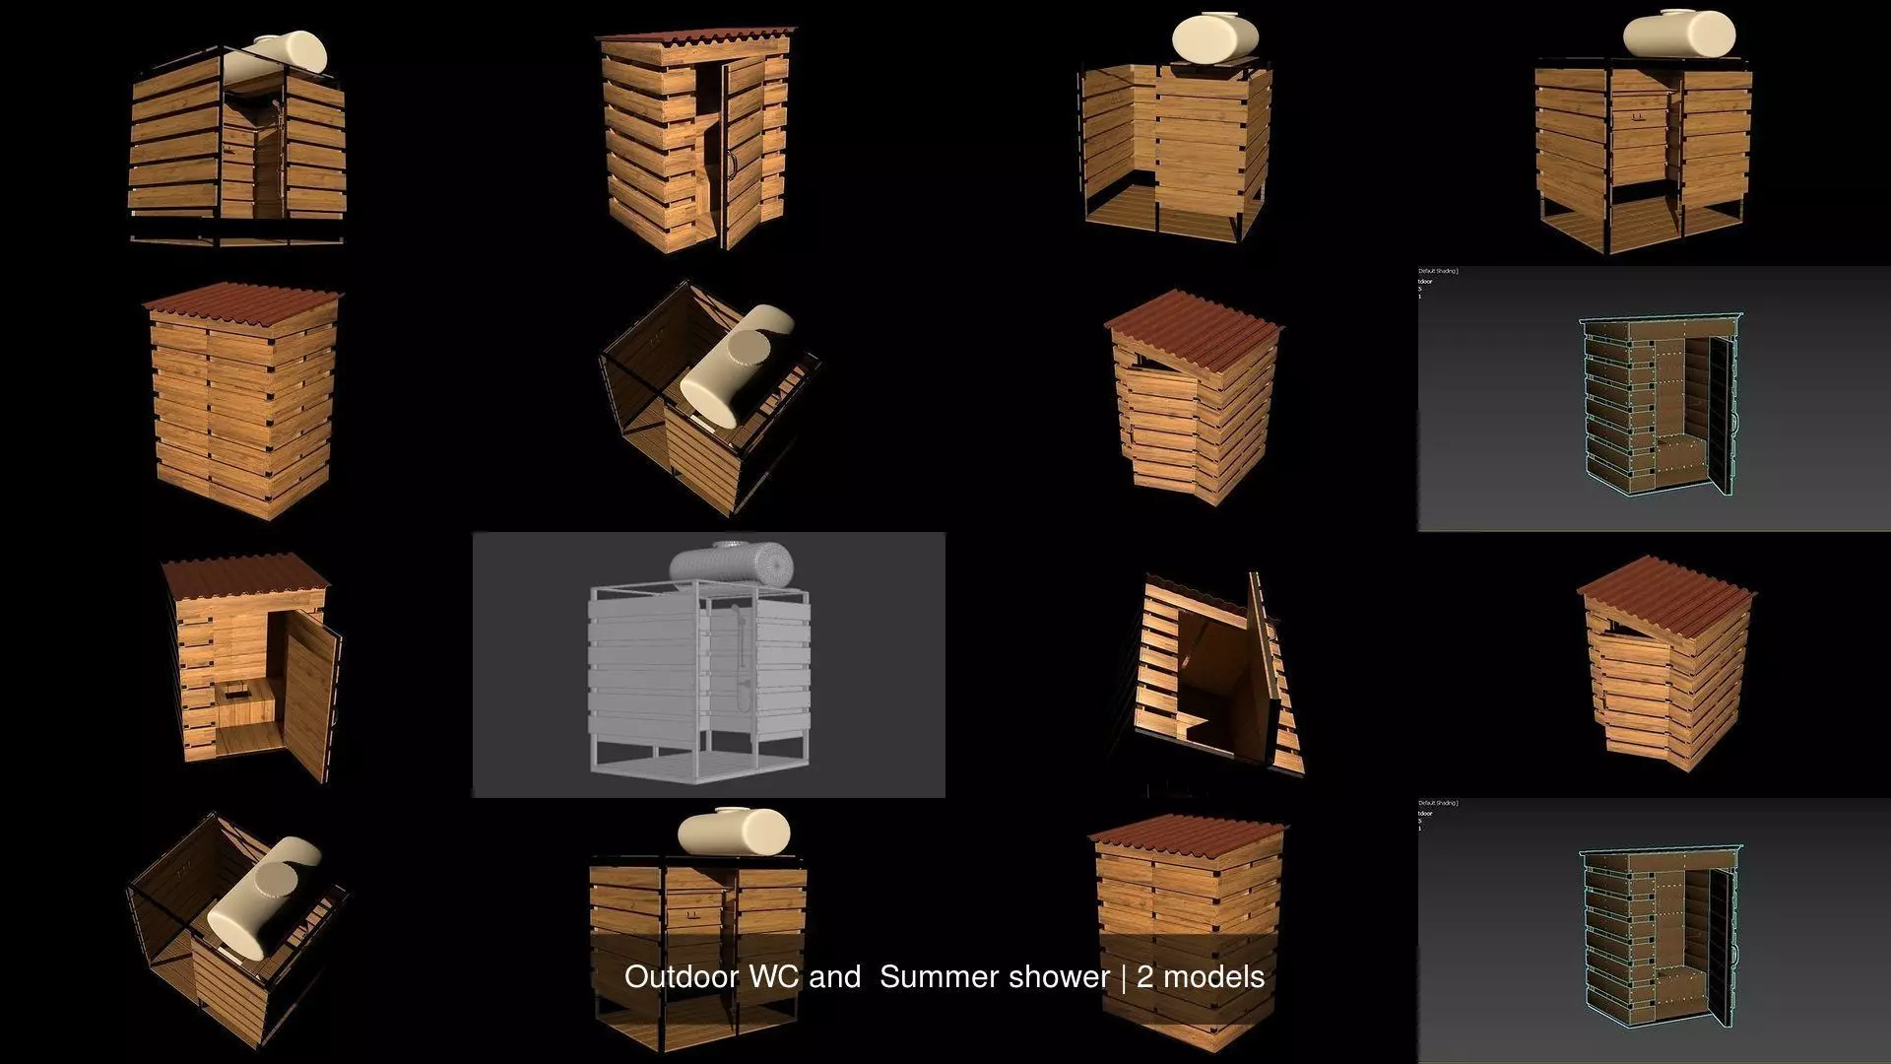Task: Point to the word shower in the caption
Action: pos(1064,976)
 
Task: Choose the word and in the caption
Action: pos(834,976)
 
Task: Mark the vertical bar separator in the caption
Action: pos(1123,976)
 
